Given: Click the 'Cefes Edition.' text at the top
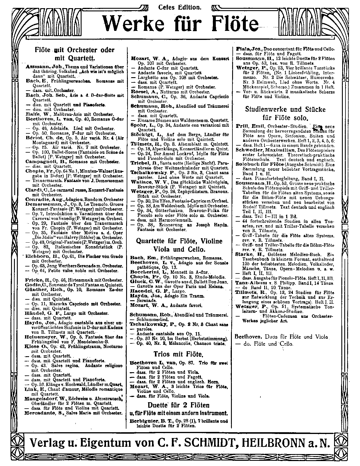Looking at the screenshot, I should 180,7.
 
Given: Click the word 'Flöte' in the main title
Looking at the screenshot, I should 230,24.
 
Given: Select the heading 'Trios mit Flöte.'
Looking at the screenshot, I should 178,354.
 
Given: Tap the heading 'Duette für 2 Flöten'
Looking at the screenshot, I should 178,405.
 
